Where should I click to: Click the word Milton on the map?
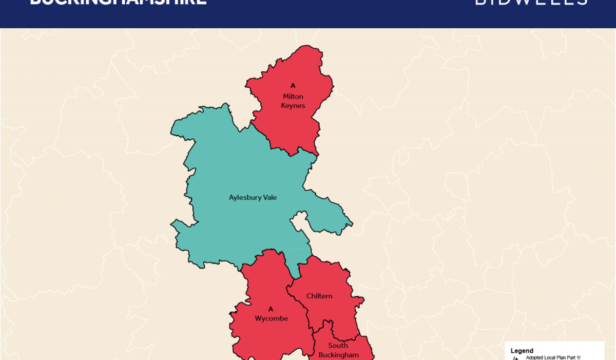293,97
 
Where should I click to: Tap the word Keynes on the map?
293,106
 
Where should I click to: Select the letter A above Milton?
293,86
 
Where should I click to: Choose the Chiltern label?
319,296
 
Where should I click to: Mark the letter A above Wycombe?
271,309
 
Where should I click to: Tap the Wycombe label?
271,318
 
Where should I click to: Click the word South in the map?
338,346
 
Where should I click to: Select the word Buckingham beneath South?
338,355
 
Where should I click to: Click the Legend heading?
522,351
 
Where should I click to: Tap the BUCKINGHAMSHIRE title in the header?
118,2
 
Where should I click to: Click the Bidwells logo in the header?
531,2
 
